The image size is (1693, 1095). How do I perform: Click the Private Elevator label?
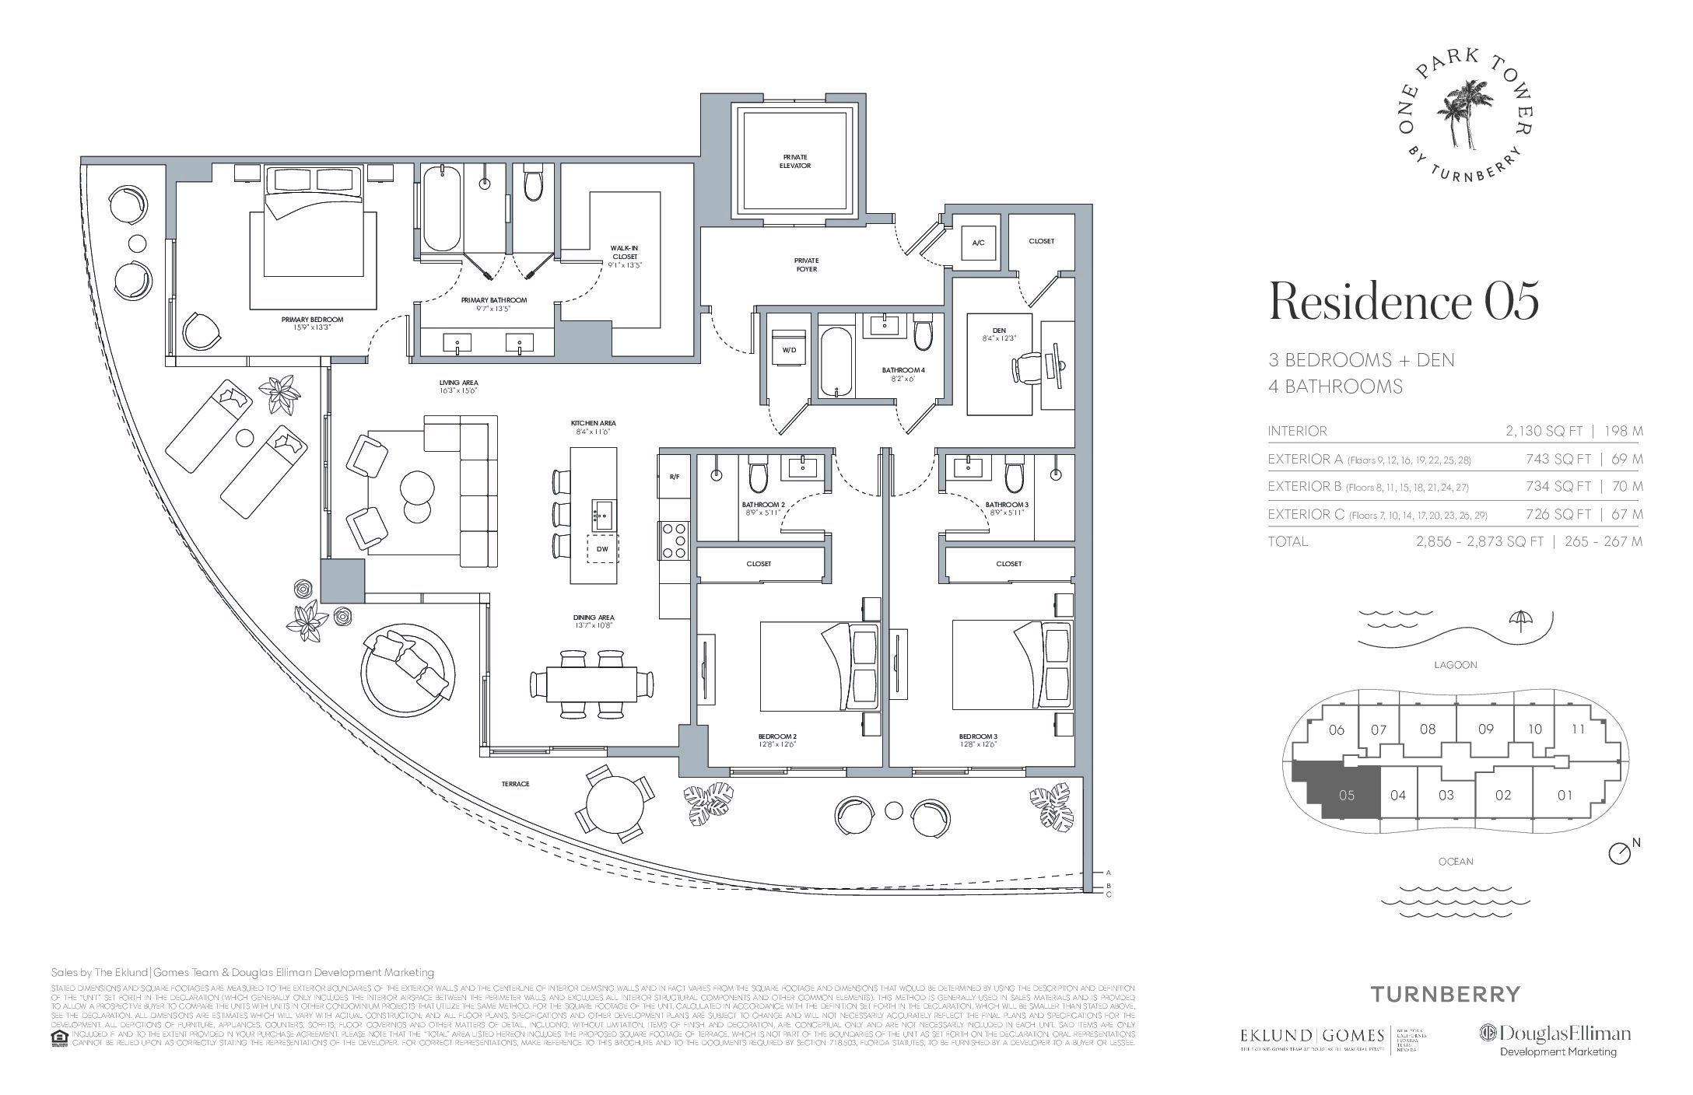(x=795, y=161)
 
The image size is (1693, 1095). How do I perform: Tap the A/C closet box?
(x=979, y=243)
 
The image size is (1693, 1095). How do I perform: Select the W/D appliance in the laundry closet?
(x=789, y=350)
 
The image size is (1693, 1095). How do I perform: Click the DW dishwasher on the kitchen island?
(x=602, y=549)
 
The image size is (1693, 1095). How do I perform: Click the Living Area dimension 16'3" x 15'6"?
(x=458, y=391)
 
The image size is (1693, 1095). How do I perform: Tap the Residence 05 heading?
(x=1404, y=303)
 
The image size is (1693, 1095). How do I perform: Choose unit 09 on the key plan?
(x=1485, y=729)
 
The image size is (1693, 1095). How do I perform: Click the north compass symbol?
(x=1619, y=853)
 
